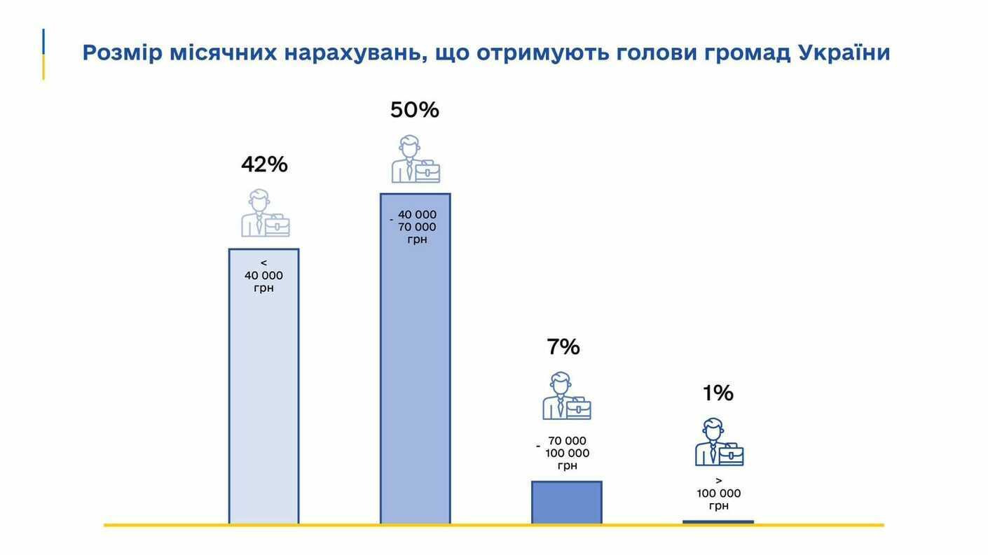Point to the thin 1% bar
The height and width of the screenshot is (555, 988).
click(718, 521)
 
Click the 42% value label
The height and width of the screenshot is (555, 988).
click(264, 164)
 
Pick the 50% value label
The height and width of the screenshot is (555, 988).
click(415, 110)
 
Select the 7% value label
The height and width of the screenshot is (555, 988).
click(563, 347)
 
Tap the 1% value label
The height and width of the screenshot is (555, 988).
click(718, 393)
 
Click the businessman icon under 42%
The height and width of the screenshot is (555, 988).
click(265, 213)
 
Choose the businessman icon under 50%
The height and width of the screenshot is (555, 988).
click(416, 160)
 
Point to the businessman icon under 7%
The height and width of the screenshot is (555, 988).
click(566, 396)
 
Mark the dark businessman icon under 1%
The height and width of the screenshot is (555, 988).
click(718, 442)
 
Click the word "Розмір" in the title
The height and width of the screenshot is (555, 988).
click(122, 52)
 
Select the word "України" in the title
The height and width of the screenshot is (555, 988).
click(844, 52)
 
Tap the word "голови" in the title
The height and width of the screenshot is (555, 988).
click(657, 52)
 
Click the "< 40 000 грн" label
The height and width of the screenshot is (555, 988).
click(263, 276)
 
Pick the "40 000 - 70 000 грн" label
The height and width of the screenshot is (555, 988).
click(416, 227)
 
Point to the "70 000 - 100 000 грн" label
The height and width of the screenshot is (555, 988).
click(566, 453)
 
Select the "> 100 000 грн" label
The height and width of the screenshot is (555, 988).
click(718, 493)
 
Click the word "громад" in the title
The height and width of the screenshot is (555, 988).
click(748, 52)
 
